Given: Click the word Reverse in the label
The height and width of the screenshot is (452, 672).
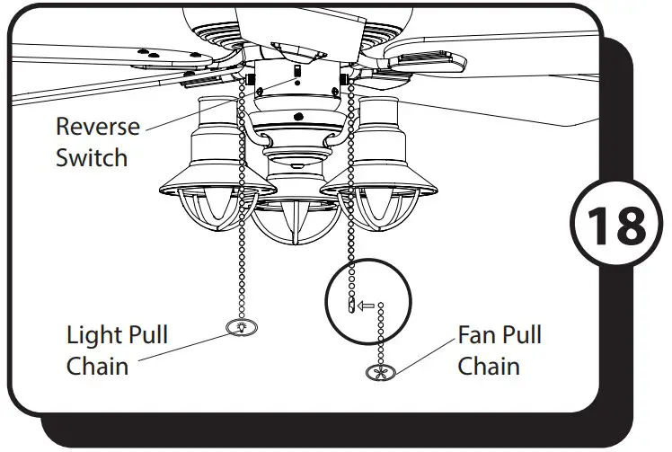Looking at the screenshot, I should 98,126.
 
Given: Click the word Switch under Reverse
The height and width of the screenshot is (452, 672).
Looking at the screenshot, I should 92,158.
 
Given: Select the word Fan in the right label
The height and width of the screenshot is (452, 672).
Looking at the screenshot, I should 475,336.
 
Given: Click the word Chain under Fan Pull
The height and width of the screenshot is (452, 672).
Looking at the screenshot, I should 489,367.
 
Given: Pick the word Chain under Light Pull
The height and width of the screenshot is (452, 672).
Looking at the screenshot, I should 97,367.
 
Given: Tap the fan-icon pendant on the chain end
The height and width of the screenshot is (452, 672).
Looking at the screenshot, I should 379,371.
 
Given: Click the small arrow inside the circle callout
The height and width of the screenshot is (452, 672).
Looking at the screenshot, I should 366,306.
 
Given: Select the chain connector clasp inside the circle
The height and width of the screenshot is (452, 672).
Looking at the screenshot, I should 349,306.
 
